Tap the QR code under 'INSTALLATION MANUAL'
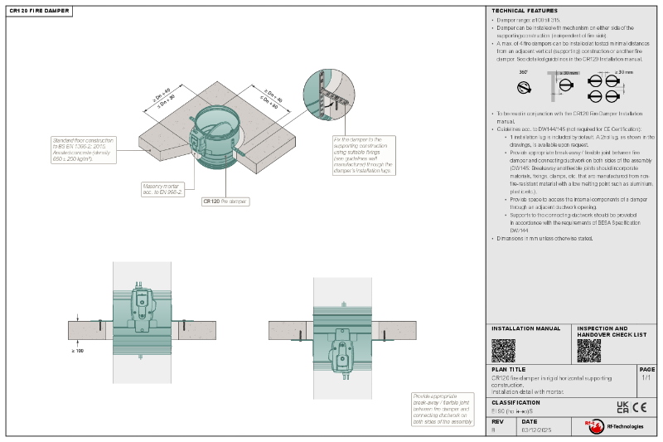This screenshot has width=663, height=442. (x=503, y=350)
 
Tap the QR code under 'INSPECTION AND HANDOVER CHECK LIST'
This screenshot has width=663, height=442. (x=588, y=350)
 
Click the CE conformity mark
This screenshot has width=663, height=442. (x=640, y=406)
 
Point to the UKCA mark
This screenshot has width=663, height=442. (x=622, y=406)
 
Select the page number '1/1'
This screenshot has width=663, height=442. (x=646, y=377)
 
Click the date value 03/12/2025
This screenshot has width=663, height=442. (x=535, y=430)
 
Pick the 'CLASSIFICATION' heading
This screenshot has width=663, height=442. (x=515, y=401)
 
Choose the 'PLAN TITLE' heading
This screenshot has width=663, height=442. (x=508, y=369)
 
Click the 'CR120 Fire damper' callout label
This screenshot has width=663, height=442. (x=225, y=201)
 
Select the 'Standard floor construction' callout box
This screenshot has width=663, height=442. (x=84, y=149)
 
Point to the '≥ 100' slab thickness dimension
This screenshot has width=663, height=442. (x=79, y=350)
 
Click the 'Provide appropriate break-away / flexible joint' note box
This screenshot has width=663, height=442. (x=448, y=409)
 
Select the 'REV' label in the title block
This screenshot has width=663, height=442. (x=496, y=420)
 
